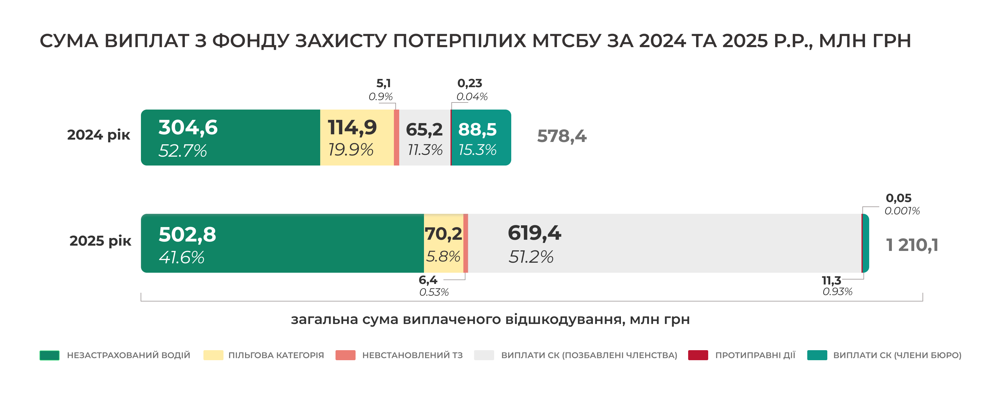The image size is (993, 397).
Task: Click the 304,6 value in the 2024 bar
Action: coord(188,128)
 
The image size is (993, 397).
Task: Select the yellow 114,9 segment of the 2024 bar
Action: coord(356,138)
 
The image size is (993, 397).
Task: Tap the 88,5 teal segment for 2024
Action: coord(480,138)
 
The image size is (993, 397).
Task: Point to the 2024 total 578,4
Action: coord(561,136)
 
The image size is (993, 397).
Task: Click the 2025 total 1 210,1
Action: coord(912,245)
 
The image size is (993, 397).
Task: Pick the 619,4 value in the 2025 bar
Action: coord(534,233)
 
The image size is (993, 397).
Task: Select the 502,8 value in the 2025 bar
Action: coord(187,234)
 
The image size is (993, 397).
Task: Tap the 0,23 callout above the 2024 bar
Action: coord(469,83)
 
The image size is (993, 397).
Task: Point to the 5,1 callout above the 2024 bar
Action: coord(383,83)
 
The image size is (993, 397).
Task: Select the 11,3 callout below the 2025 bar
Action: coord(831,280)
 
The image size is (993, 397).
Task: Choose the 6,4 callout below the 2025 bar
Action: coord(428,280)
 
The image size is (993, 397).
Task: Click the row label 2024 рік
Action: coord(99,135)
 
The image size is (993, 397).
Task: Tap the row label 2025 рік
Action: coord(100,241)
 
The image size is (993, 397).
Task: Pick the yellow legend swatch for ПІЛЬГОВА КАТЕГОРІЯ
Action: coord(213,355)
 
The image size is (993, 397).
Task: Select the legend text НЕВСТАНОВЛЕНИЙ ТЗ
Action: coord(412,355)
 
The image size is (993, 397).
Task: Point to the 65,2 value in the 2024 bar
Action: coord(424,130)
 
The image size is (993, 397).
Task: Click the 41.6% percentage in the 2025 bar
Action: coord(182,257)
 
